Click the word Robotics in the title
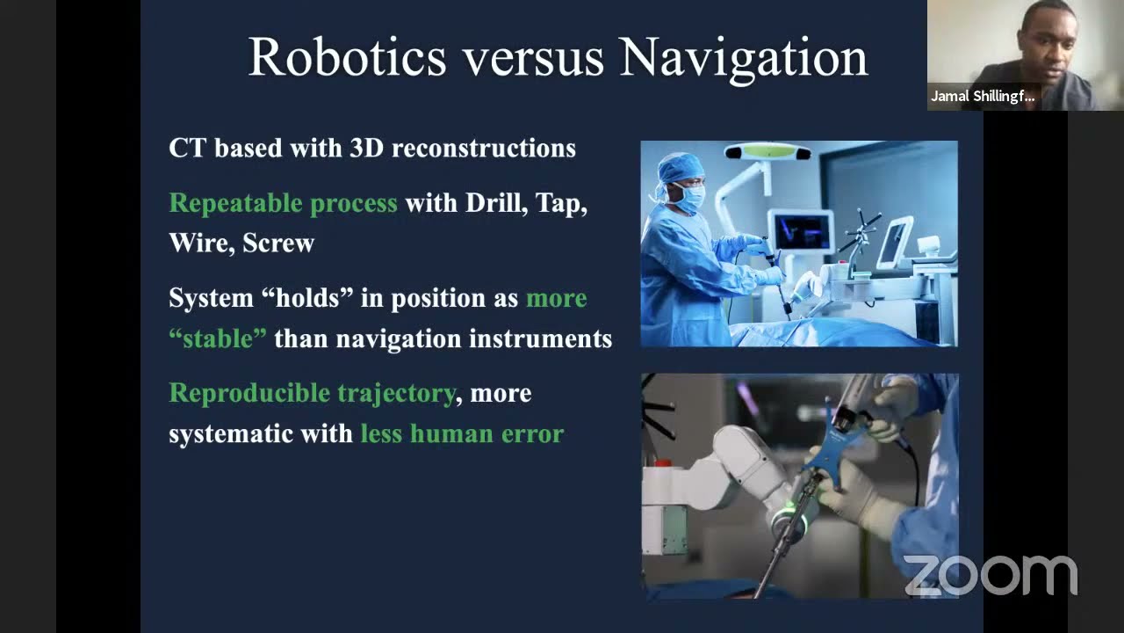click(x=347, y=57)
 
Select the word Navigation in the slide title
click(x=743, y=57)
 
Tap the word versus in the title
click(x=533, y=57)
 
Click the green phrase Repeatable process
click(x=283, y=203)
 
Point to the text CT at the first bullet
click(x=188, y=148)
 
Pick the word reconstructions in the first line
click(x=483, y=148)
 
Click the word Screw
click(x=277, y=244)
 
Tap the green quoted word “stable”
click(x=217, y=338)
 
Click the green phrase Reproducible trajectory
click(x=312, y=393)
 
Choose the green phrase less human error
click(x=462, y=433)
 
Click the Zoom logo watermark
click(x=991, y=576)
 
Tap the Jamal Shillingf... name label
click(x=983, y=97)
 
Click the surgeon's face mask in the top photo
click(x=690, y=198)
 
